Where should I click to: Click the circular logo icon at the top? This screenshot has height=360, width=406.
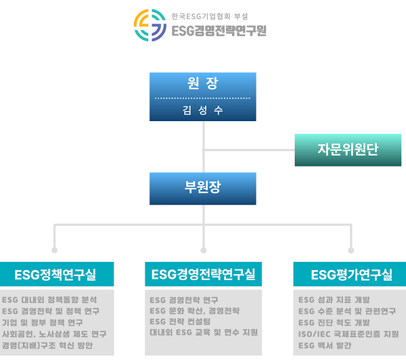150,25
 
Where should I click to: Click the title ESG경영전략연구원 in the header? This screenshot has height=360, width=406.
219,30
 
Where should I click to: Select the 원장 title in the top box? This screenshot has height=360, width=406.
203,85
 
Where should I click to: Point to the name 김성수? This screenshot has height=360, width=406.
203,110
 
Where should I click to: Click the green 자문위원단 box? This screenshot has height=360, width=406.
348,150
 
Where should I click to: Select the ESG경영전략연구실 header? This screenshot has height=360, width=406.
203,275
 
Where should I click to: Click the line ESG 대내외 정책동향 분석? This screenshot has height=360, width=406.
50,299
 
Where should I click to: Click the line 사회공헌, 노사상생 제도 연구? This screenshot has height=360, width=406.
54,334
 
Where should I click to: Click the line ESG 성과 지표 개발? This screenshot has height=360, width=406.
334,299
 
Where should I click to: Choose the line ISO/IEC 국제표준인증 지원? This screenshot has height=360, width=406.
348,334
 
